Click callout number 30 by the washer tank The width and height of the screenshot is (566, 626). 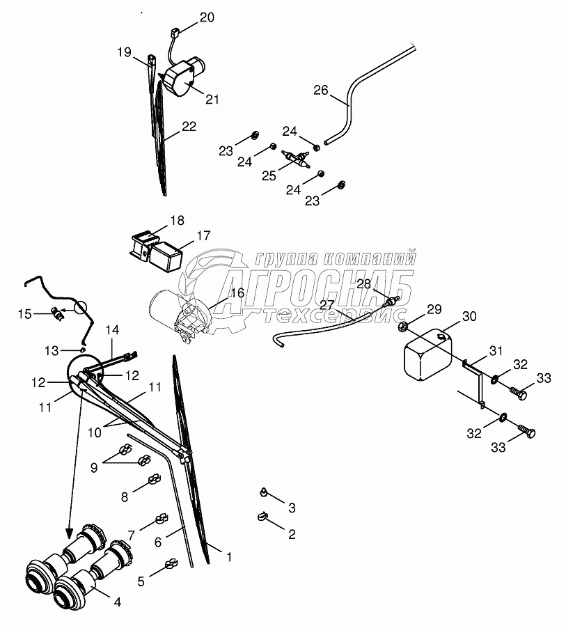click(469, 316)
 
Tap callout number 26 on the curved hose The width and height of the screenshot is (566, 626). click(320, 90)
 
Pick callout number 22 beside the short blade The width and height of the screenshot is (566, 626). click(189, 127)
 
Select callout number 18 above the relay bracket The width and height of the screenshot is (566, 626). click(177, 221)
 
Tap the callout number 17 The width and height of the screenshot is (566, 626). click(203, 235)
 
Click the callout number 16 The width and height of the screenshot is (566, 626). click(237, 293)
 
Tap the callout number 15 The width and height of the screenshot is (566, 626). click(24, 314)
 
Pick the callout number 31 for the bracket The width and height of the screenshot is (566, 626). click(494, 351)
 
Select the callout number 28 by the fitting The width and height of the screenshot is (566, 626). click(364, 283)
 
